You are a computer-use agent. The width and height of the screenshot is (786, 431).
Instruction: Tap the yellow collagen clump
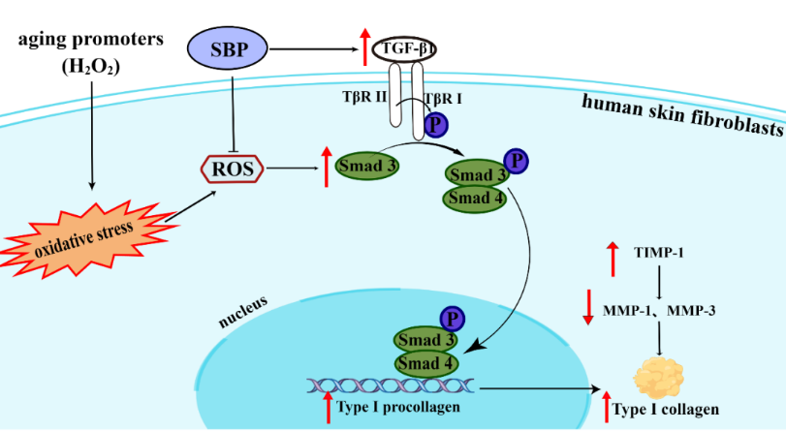coord(659,374)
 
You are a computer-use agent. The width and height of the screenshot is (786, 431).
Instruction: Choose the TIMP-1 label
coord(660,253)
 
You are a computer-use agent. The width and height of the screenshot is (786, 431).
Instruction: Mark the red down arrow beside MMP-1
coord(587,307)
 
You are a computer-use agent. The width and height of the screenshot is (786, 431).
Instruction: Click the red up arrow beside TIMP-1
coord(613,259)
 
